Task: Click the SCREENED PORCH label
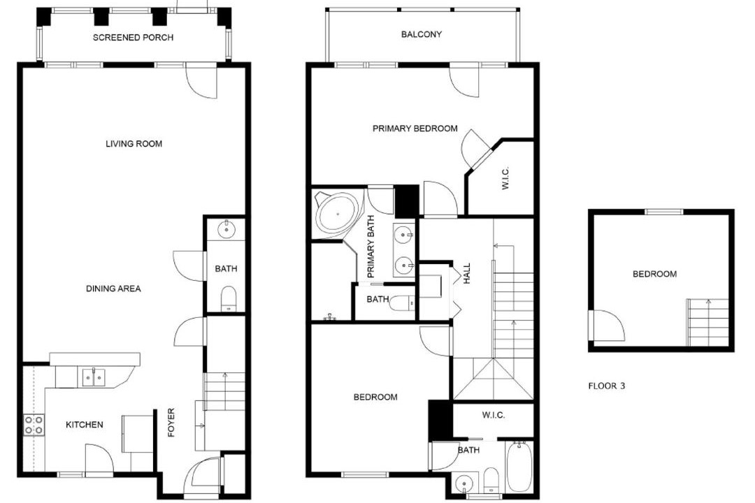tap(133, 38)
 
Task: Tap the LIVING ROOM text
tap(134, 143)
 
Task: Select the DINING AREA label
tap(113, 289)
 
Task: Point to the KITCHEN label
tap(85, 425)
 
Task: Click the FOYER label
tap(171, 423)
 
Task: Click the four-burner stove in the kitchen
tap(34, 425)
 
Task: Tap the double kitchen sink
tap(94, 377)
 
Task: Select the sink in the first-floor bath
tap(226, 230)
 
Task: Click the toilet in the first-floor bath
tap(228, 298)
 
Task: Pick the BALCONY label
tap(422, 34)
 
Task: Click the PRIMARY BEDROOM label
tap(415, 129)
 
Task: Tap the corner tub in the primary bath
tap(337, 213)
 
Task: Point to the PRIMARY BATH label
tap(371, 247)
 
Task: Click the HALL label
tap(466, 273)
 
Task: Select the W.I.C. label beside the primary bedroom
tap(505, 178)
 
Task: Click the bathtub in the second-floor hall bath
tap(519, 467)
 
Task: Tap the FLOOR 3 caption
tap(607, 386)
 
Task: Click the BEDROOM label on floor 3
tap(654, 274)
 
